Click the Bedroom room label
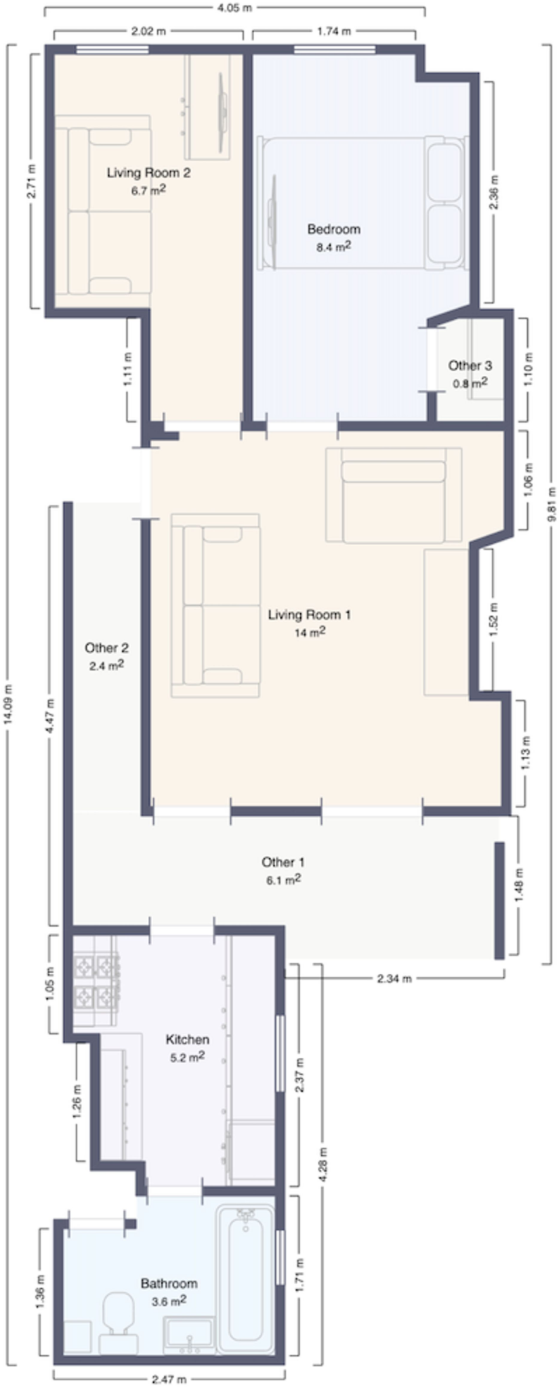(x=333, y=229)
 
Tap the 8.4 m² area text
(x=333, y=247)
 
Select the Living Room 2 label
(x=148, y=173)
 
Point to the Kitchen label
(x=188, y=1039)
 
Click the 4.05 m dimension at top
(x=234, y=8)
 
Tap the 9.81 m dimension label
(x=552, y=505)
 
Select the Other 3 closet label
(x=470, y=366)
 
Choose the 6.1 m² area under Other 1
(x=283, y=880)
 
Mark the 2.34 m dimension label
(x=394, y=978)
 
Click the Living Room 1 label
(x=309, y=615)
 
